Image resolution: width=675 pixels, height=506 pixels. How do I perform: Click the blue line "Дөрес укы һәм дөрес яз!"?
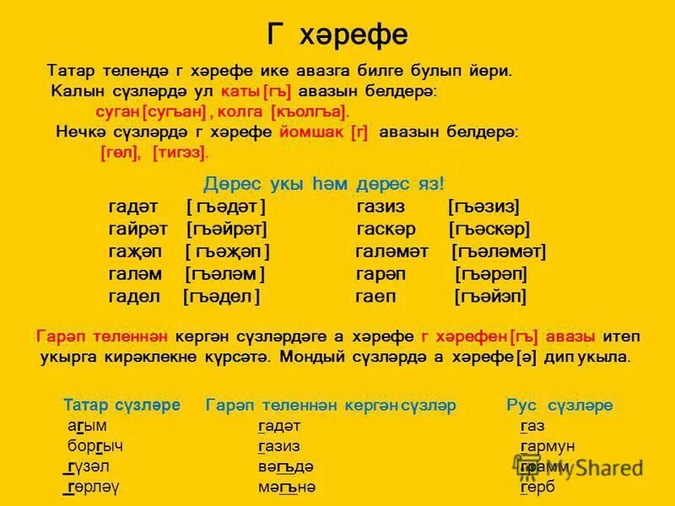click(x=323, y=183)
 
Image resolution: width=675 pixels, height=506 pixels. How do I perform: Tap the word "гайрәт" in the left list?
click(x=138, y=229)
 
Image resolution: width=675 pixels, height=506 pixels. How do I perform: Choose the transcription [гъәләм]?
click(x=225, y=273)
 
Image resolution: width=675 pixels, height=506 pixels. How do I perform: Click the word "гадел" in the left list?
click(x=136, y=296)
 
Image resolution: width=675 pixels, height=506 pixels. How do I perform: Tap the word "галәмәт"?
click(x=391, y=251)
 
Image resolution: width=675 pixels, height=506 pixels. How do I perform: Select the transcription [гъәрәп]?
click(x=490, y=273)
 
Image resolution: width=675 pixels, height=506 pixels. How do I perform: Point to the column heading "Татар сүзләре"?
click(x=121, y=406)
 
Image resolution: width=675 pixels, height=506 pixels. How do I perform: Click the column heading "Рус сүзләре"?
click(x=559, y=406)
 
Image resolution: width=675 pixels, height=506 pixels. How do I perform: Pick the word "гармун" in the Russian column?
click(x=548, y=446)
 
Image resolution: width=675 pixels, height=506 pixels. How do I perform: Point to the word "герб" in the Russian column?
click(x=538, y=487)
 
